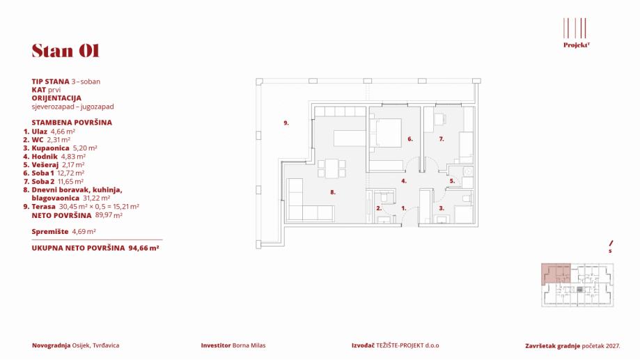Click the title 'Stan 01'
click(65, 51)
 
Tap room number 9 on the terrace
click(286, 123)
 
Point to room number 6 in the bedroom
click(410, 139)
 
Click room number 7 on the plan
click(441, 139)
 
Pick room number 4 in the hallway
click(403, 181)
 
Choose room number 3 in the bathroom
click(441, 208)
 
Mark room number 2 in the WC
click(379, 208)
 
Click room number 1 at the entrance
click(404, 208)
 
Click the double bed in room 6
click(387, 132)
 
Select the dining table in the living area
click(333, 168)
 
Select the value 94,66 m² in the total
click(143, 247)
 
